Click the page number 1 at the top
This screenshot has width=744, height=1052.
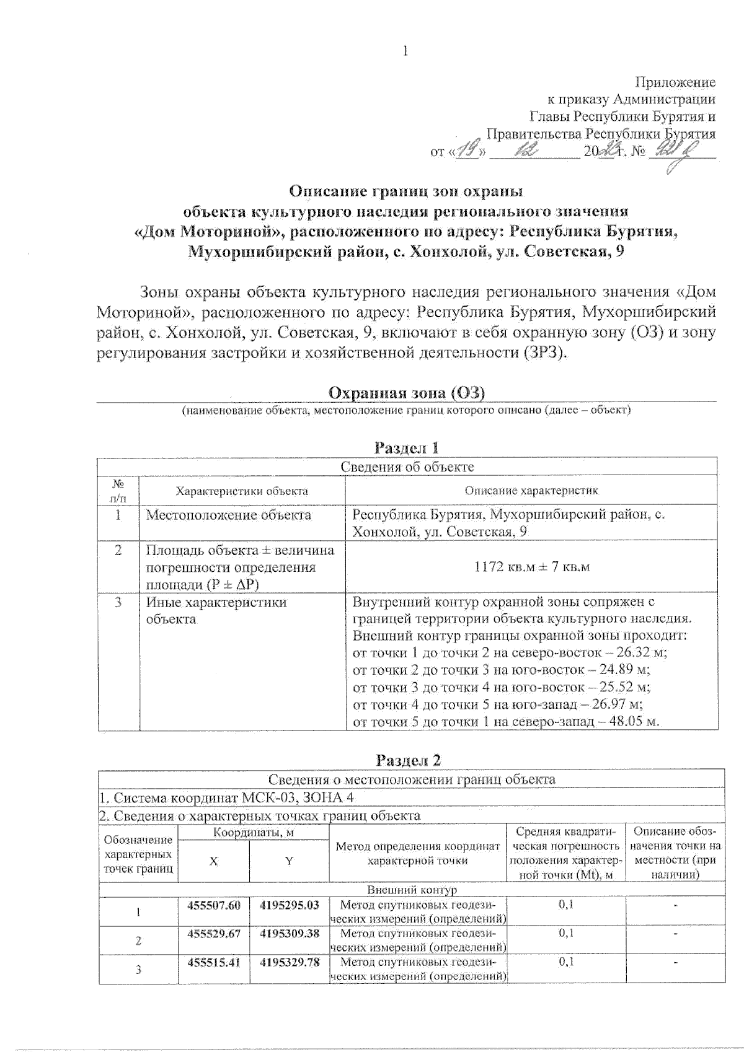click(406, 50)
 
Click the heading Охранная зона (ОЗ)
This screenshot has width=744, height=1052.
click(406, 393)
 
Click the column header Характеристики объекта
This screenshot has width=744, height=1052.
click(242, 491)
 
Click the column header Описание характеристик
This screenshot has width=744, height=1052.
click(531, 491)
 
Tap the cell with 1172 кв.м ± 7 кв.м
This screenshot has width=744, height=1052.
click(531, 567)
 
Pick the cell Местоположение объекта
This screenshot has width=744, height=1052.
click(228, 515)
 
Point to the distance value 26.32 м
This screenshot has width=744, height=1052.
click(644, 653)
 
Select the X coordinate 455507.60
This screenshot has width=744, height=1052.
click(213, 905)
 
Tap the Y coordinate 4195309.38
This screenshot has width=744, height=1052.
click(290, 933)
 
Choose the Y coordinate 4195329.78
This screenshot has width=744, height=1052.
click(290, 962)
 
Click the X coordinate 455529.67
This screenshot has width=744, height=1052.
click(213, 933)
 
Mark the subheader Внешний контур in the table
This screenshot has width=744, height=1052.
click(412, 890)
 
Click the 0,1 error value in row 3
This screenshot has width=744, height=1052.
click(566, 962)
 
